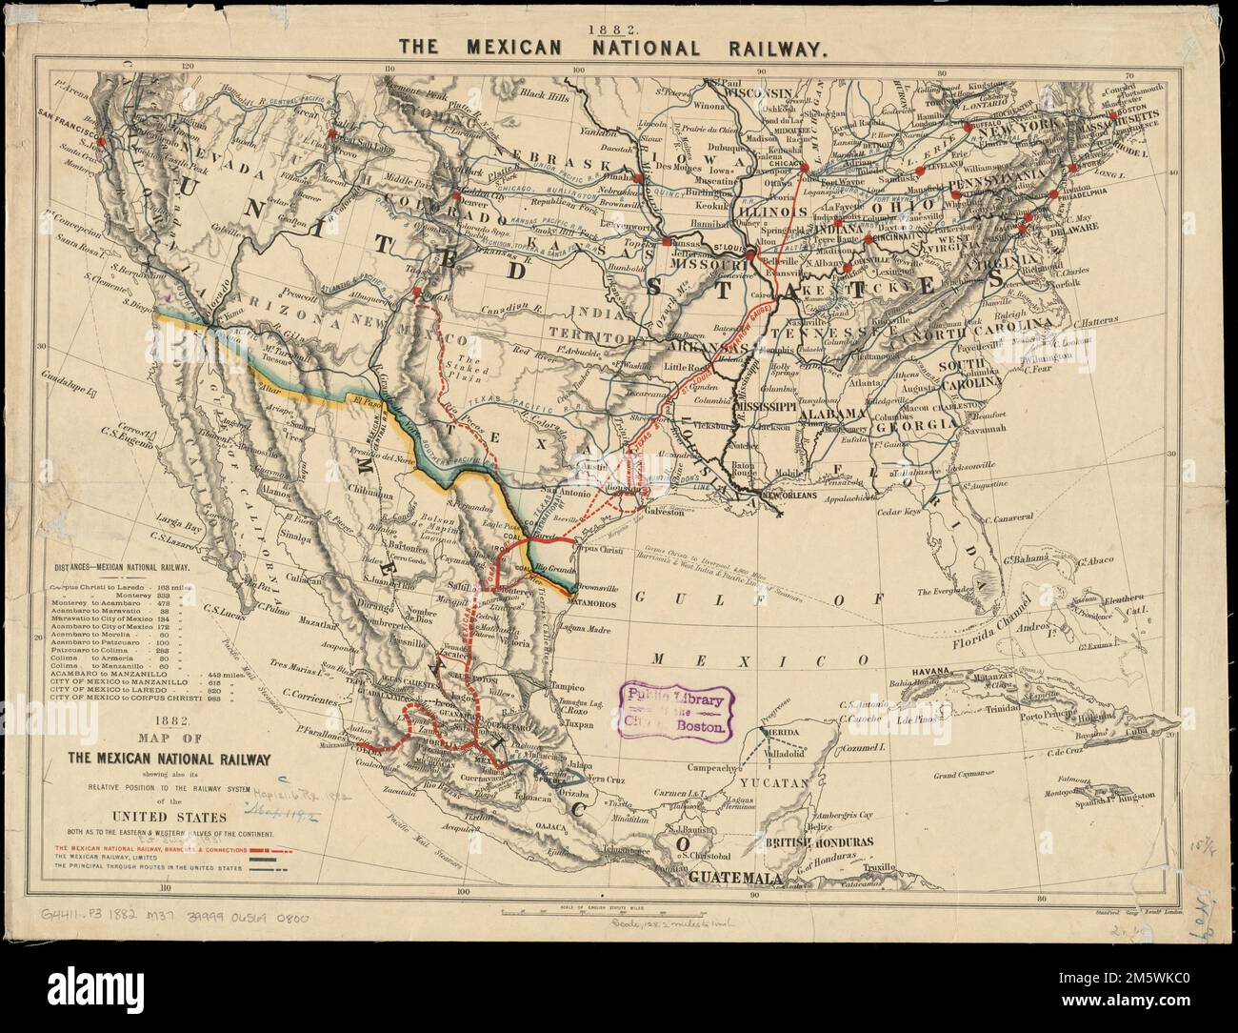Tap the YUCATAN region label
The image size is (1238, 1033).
click(x=783, y=782)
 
